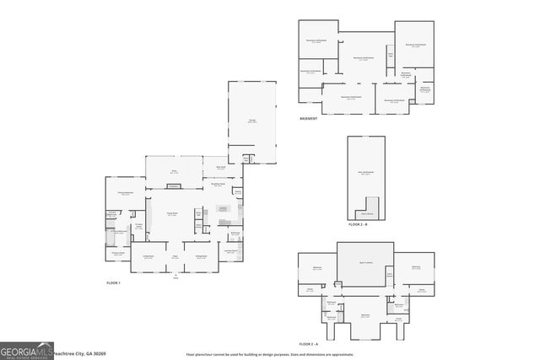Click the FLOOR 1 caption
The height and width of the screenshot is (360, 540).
point(114,282)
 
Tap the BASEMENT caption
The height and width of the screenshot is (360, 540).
point(309,119)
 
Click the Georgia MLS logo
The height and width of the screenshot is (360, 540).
point(25,350)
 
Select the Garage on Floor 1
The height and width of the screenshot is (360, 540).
point(252,121)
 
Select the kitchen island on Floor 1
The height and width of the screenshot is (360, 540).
point(224,208)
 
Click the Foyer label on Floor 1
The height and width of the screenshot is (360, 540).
point(175,257)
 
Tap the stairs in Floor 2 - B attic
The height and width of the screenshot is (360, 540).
point(368,207)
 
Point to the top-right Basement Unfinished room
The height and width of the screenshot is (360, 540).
point(415,44)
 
